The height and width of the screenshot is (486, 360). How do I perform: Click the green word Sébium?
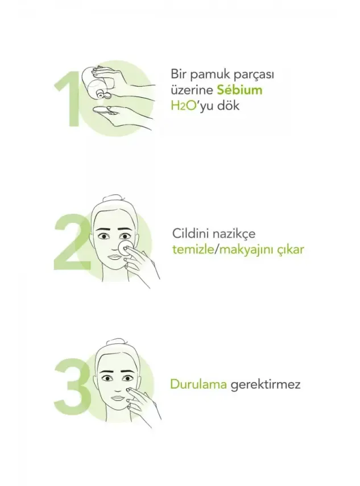(239, 90)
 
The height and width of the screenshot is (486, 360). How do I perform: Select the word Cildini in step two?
(189, 234)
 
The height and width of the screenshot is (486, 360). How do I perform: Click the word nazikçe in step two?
(233, 234)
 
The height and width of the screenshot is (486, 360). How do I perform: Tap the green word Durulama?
(198, 384)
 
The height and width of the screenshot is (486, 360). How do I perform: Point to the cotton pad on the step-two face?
(123, 245)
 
